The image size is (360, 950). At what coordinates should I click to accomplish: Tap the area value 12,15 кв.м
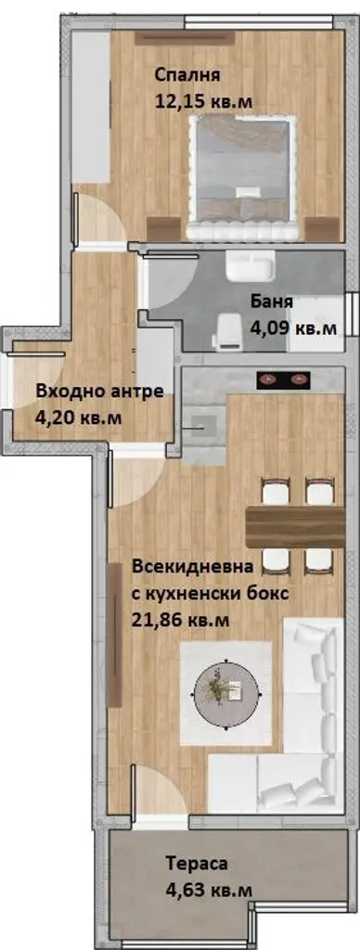tap(203, 101)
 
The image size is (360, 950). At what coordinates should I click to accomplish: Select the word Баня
tap(272, 302)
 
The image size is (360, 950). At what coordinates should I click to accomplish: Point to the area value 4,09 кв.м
tap(293, 328)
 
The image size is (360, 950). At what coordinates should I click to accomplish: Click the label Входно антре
tap(100, 392)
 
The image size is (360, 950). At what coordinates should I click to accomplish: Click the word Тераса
tap(198, 864)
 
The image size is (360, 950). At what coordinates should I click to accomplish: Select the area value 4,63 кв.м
tap(210, 890)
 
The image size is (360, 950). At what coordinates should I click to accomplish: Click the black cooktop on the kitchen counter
tap(284, 379)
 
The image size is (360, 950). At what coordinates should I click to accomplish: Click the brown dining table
tap(295, 527)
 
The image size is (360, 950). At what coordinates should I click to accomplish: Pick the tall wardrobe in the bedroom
tap(91, 108)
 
